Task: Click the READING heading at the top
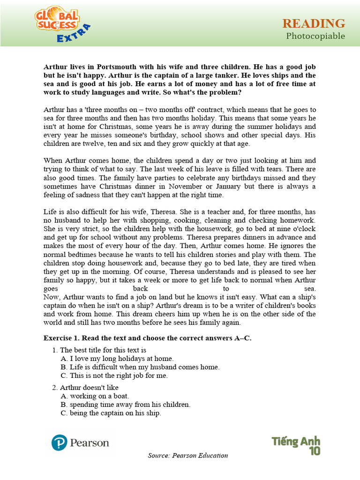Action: pos(314,23)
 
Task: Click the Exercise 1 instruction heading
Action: pos(147,338)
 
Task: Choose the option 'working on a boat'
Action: pos(95,396)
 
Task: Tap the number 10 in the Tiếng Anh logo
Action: pos(314,451)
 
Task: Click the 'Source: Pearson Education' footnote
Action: pos(188,455)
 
